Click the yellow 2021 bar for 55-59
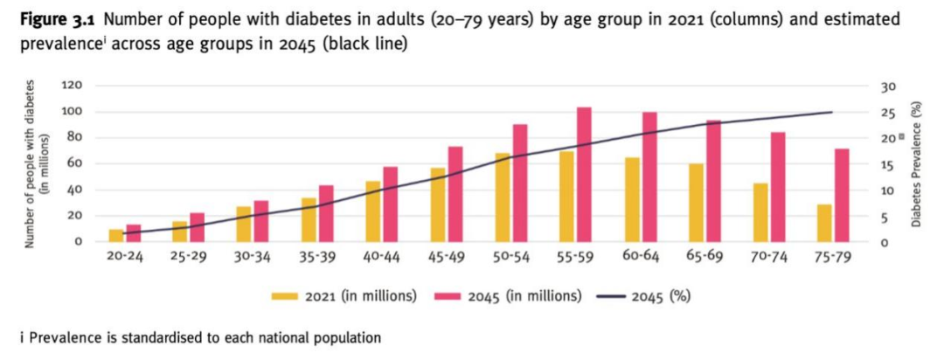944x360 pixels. [567, 197]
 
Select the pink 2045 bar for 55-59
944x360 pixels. [585, 175]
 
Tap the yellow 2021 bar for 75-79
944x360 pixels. [824, 223]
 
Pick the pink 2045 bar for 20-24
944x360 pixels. [133, 233]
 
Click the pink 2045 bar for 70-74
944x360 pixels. [778, 187]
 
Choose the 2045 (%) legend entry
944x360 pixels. [642, 295]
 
